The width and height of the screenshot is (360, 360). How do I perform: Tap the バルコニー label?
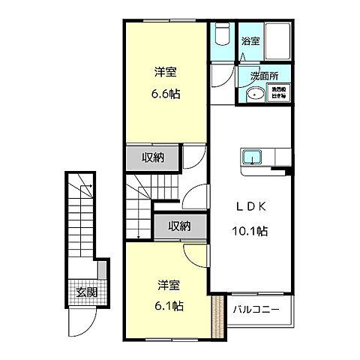[255, 309]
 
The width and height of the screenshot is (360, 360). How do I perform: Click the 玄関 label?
[86, 292]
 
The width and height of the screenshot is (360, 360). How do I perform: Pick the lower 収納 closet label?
[179, 226]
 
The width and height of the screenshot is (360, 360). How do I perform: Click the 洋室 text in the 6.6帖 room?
[166, 72]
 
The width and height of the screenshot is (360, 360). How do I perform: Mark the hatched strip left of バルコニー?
[220, 316]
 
